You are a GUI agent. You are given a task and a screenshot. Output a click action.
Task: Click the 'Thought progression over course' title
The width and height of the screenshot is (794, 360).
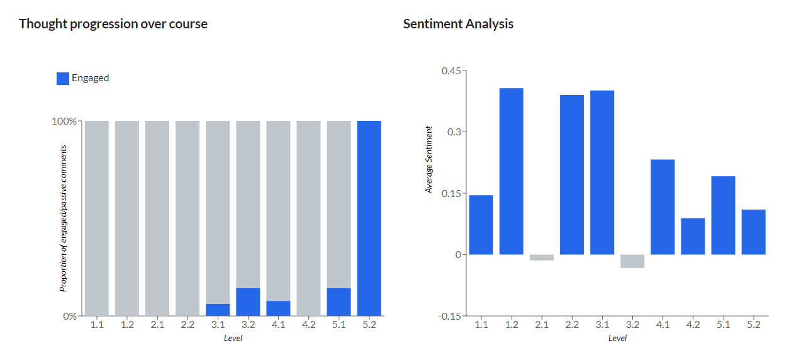(x=113, y=24)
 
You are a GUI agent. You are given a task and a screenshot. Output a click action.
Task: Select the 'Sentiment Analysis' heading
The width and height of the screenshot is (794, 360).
(x=458, y=24)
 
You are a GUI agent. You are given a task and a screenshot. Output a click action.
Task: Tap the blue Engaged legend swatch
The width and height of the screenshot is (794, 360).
(x=63, y=78)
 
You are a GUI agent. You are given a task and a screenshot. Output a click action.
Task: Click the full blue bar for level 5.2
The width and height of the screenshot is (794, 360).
(x=369, y=218)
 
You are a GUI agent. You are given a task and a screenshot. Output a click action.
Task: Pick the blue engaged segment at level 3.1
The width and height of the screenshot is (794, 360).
(x=218, y=310)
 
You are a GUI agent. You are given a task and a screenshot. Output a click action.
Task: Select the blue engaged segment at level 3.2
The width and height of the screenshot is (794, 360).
(x=248, y=301)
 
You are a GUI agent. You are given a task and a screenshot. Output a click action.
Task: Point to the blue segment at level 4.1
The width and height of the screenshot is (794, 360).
(x=278, y=308)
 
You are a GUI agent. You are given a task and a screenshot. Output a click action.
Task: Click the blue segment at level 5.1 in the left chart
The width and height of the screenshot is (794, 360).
(x=338, y=301)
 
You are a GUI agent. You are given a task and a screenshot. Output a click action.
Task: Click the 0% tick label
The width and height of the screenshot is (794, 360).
(x=69, y=316)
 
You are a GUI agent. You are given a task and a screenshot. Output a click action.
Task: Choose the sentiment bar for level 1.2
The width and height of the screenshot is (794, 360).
(x=512, y=171)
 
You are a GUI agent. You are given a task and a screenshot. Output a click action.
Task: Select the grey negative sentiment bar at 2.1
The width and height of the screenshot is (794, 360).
(x=542, y=257)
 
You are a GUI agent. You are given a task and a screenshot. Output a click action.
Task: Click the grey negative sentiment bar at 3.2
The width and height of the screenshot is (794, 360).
(x=632, y=261)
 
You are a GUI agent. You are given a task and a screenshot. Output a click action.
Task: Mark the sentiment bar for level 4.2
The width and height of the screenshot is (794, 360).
(x=693, y=236)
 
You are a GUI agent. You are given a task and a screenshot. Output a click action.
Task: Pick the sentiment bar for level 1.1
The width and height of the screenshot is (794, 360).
(x=481, y=225)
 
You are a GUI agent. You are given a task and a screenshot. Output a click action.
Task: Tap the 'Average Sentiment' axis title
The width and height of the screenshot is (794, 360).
(x=429, y=160)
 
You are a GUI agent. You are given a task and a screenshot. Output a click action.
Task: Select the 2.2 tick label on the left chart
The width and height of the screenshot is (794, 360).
(x=187, y=325)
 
